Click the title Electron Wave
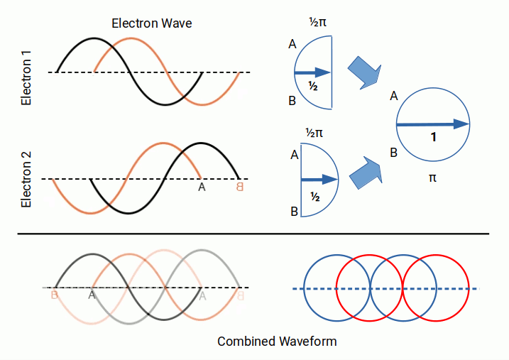tap(152, 23)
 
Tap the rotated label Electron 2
tap(26, 175)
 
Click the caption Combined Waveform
tap(277, 342)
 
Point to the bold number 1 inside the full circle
tap(432, 138)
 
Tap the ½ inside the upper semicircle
tap(312, 86)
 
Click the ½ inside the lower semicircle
tap(315, 195)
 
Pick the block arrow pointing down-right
tap(365, 74)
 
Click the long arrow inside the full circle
tap(432, 124)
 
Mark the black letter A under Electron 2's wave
tap(202, 187)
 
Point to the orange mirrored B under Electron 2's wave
tap(239, 187)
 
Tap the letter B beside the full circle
tap(393, 151)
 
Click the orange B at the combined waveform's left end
tap(55, 295)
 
